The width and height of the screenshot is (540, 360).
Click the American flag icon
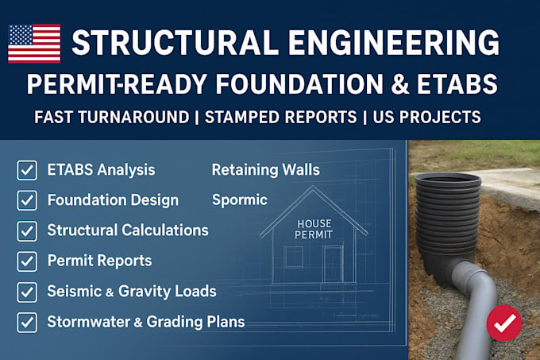pyautogui.click(x=34, y=43)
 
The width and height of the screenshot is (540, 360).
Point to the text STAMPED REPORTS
pyautogui.click(x=280, y=117)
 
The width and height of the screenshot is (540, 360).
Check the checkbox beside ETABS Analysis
pyautogui.click(x=27, y=170)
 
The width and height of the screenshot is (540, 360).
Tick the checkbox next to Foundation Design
pyautogui.click(x=27, y=200)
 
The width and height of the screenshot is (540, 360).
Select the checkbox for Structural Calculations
pyautogui.click(x=27, y=230)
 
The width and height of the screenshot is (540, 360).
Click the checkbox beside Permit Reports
pyautogui.click(x=27, y=261)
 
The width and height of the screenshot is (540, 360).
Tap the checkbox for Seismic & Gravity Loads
pyautogui.click(x=27, y=291)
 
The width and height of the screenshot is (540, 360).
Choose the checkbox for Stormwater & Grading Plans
pyautogui.click(x=27, y=322)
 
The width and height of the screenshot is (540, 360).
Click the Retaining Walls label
pyautogui.click(x=266, y=169)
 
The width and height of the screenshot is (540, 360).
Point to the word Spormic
pyautogui.click(x=240, y=199)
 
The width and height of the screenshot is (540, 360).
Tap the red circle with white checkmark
pyautogui.click(x=504, y=323)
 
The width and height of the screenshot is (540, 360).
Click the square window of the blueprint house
pyautogui.click(x=293, y=257)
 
